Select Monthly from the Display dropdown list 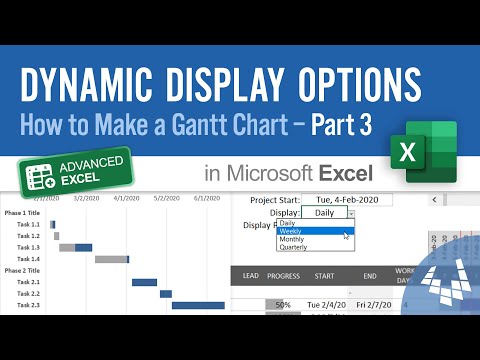(x=294, y=239)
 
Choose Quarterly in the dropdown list (x=296, y=247)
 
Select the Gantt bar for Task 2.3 (x=198, y=305)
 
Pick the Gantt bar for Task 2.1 (x=144, y=283)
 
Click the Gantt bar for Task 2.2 (x=166, y=294)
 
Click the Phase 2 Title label (x=22, y=271)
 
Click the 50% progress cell (x=283, y=304)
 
